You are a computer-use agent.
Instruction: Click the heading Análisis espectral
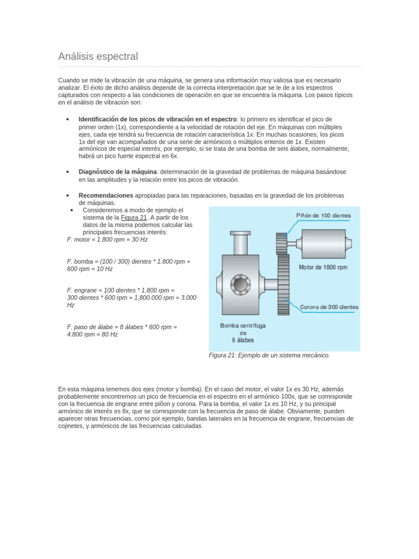coord(98,56)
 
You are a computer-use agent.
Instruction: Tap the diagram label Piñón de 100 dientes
coord(324,216)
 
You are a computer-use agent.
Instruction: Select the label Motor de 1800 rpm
coord(323,267)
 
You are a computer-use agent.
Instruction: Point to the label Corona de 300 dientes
coord(330,307)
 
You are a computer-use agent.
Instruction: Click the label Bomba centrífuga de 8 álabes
coord(243,332)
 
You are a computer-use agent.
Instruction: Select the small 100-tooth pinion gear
coord(282,242)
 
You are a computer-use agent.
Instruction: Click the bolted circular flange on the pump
coord(240,284)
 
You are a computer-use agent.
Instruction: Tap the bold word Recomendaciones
coord(106,195)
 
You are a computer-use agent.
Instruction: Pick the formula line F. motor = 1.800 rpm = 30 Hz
coord(107,239)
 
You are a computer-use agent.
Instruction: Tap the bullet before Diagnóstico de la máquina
coord(66,172)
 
